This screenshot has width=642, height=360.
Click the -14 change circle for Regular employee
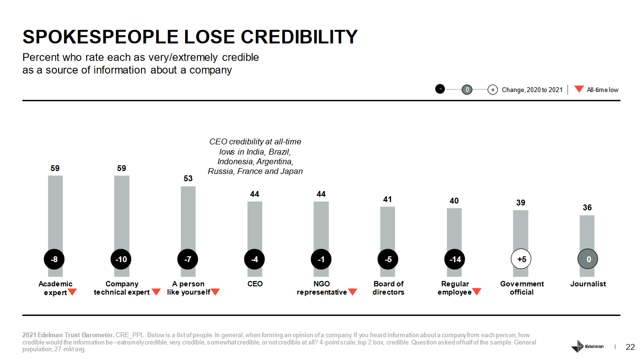455,260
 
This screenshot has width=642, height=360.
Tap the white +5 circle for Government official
521,260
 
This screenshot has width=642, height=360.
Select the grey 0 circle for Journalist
588,260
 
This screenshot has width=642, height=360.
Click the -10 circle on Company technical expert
121,260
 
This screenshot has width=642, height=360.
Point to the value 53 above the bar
188,179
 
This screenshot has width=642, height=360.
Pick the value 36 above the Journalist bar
587,207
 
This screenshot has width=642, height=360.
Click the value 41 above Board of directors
388,199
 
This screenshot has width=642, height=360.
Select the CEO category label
255,284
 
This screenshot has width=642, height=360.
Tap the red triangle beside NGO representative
353,292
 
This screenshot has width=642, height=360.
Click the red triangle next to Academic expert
72,292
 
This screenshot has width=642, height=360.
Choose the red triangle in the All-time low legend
579,89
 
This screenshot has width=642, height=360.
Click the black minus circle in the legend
440,89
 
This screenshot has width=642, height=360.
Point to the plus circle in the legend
492,90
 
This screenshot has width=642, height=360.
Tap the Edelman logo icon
578,347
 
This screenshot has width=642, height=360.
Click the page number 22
630,347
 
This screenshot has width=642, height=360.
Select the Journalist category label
588,284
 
